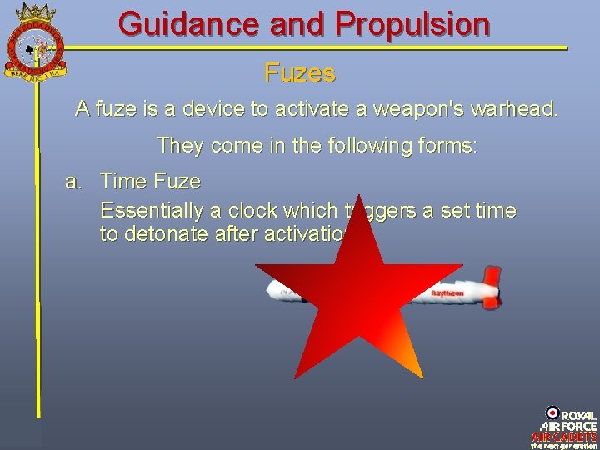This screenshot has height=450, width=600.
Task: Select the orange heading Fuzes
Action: (300, 73)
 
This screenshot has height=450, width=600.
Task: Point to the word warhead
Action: (514, 108)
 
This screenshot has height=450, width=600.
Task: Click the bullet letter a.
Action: (73, 181)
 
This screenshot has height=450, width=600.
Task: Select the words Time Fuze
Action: (150, 181)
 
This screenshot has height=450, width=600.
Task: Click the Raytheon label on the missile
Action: (447, 294)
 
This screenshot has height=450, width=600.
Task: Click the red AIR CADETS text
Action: (564, 436)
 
